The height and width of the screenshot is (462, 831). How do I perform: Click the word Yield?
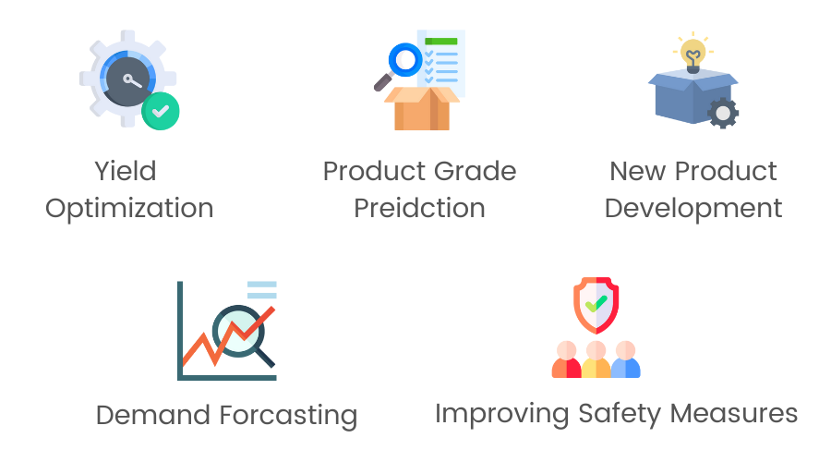point(126,171)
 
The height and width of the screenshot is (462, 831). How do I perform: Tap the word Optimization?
point(129,209)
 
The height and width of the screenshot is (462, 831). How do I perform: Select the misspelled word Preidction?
point(420,208)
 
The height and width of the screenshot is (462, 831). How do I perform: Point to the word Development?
point(693,209)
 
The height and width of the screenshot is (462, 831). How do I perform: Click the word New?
point(637,171)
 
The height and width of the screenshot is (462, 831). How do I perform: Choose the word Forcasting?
point(288,416)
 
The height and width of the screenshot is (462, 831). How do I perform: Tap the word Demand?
point(153,415)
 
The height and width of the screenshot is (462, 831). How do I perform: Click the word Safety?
point(620,414)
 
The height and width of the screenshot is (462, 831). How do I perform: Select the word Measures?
point(734,413)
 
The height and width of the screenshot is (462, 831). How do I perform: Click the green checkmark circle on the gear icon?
point(161,111)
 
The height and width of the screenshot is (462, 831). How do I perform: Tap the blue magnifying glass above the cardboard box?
point(405,60)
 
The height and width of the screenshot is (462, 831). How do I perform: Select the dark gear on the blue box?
point(723,113)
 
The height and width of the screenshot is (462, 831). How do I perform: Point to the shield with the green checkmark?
point(596,305)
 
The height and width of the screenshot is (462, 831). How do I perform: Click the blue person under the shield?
point(626,359)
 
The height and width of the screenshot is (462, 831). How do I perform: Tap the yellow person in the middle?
point(596,359)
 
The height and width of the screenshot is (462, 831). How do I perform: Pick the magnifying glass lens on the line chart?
point(238,331)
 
